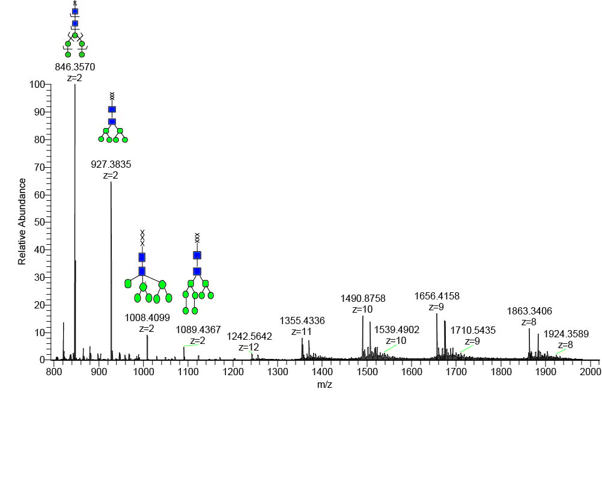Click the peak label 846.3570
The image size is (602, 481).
(x=75, y=67)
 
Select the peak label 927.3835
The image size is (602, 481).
(x=111, y=163)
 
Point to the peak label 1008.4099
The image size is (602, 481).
(x=147, y=317)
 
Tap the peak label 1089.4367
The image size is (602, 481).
(x=198, y=329)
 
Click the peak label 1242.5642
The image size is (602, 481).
(x=249, y=337)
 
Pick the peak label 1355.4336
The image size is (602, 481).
(x=302, y=321)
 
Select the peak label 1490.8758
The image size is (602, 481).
(x=363, y=298)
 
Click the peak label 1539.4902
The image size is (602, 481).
(x=397, y=329)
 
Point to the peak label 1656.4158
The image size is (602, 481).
(x=437, y=296)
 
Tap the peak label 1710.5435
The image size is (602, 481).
(x=473, y=330)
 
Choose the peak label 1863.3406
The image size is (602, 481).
(x=530, y=311)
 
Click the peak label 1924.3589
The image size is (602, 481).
(x=566, y=334)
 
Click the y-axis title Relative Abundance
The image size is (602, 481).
(x=22, y=221)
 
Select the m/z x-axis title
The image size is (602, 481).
(x=324, y=385)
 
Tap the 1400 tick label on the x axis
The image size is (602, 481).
(x=323, y=372)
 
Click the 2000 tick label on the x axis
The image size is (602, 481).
(x=591, y=372)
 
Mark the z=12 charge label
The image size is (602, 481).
(x=249, y=347)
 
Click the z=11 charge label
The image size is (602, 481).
(x=302, y=331)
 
